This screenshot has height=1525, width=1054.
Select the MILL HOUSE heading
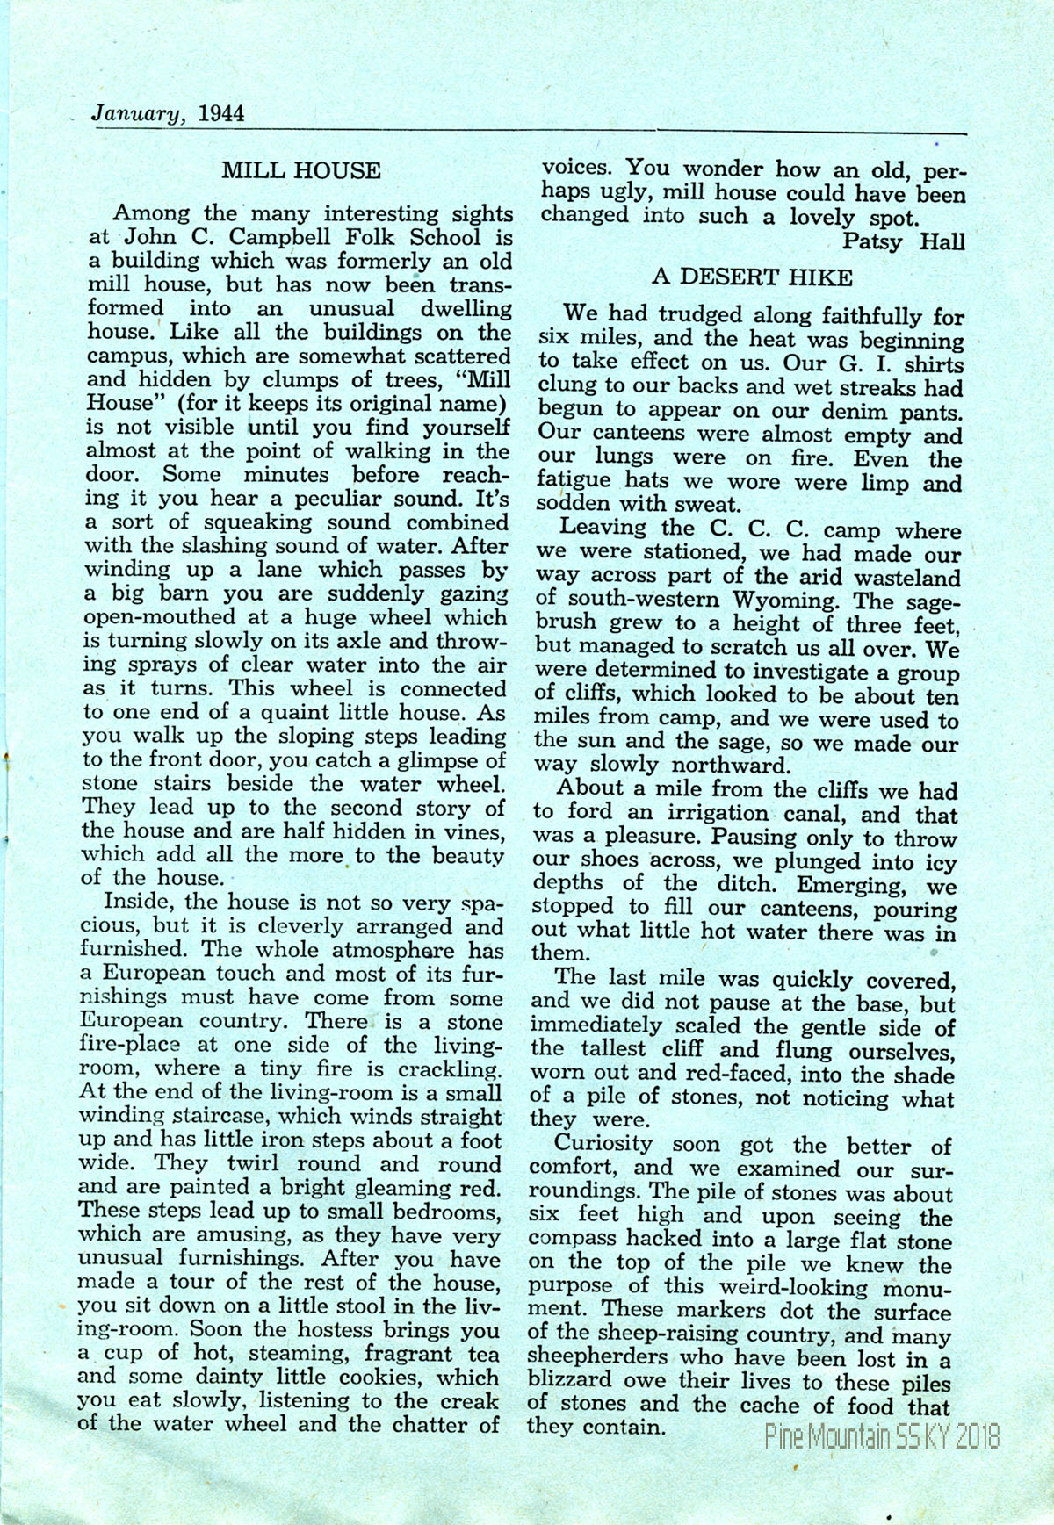coord(301,170)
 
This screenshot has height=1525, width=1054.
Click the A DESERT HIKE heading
coord(752,278)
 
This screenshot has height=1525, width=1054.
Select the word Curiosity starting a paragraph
coord(603,1145)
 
